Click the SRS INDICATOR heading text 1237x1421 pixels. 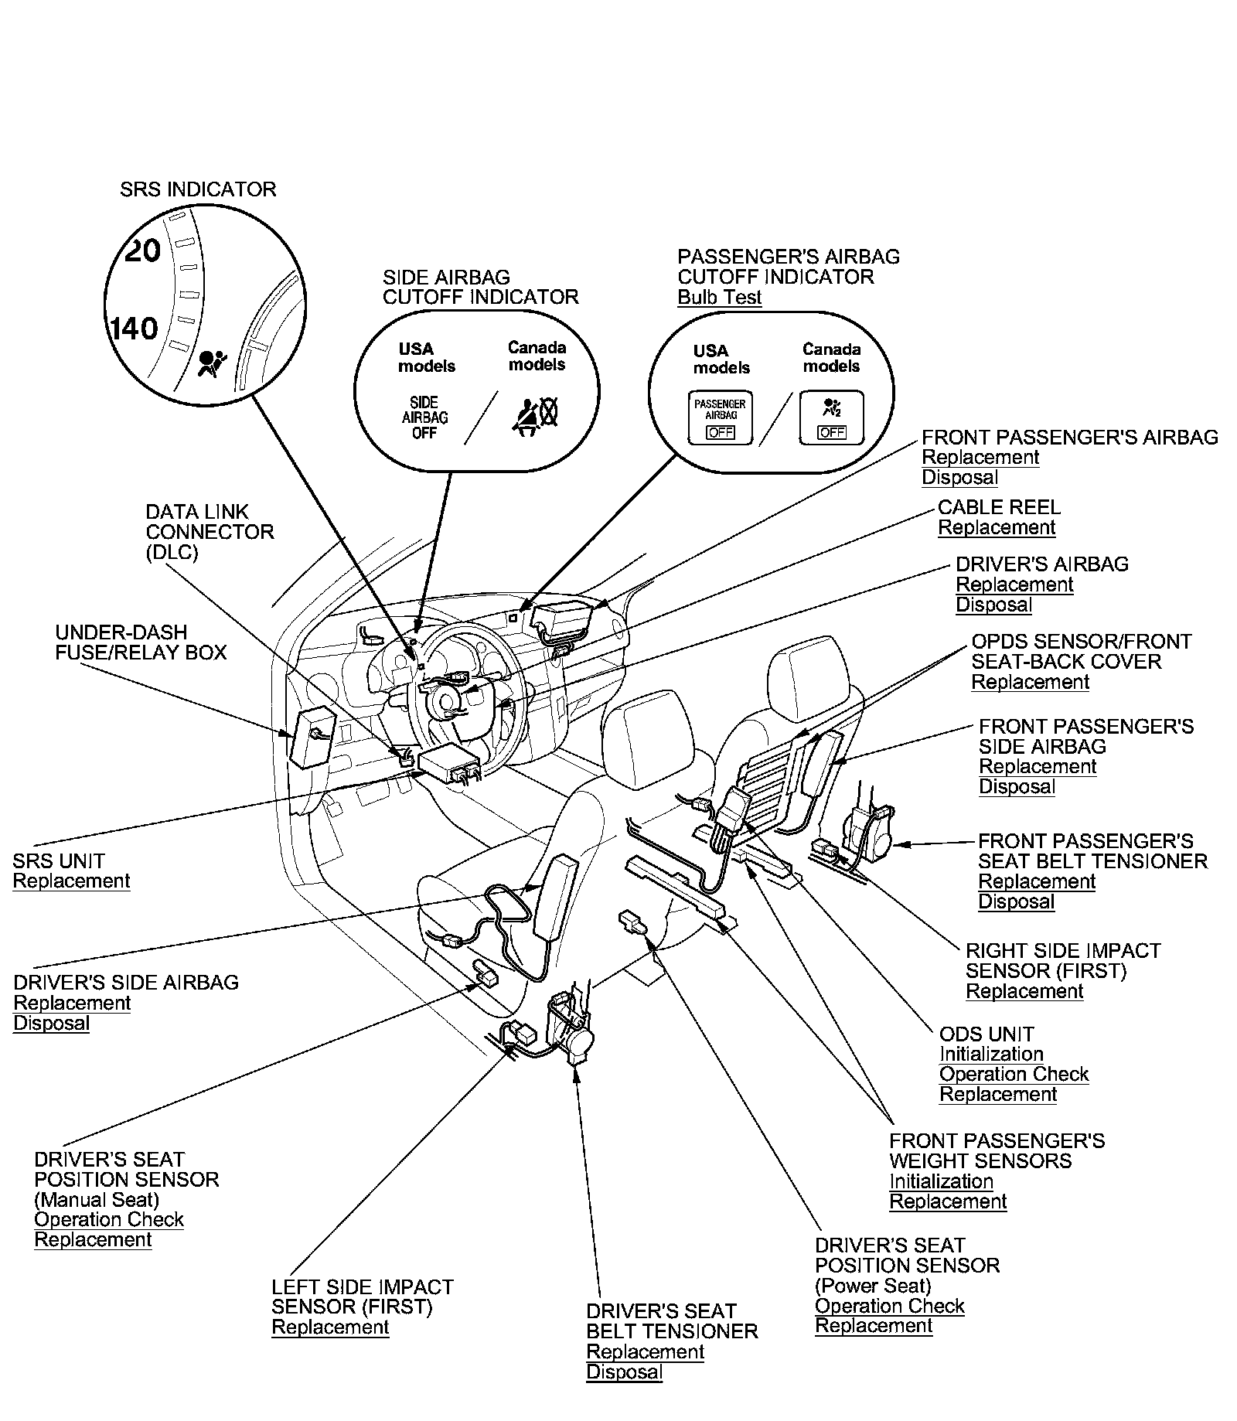coord(198,189)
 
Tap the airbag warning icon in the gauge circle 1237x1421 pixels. coord(210,363)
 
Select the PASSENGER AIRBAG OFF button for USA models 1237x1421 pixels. coord(720,417)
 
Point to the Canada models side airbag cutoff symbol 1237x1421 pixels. coord(536,417)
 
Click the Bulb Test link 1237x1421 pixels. coord(719,298)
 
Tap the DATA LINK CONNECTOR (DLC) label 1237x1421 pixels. coord(210,532)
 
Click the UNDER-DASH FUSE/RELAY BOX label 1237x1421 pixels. coord(141,642)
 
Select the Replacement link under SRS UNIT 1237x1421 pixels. coord(71,881)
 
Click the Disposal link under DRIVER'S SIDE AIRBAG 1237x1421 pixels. coord(52,1024)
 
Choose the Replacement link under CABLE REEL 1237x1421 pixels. coord(997,528)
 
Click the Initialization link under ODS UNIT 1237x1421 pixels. coord(991,1055)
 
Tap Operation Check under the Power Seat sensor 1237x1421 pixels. coord(889,1307)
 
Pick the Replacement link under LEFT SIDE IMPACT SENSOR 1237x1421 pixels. coord(330,1327)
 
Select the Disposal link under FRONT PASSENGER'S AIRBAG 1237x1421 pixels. coord(959,478)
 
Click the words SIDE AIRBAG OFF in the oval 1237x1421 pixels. coord(424,417)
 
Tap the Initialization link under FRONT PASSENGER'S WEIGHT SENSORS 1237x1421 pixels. coord(941,1181)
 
